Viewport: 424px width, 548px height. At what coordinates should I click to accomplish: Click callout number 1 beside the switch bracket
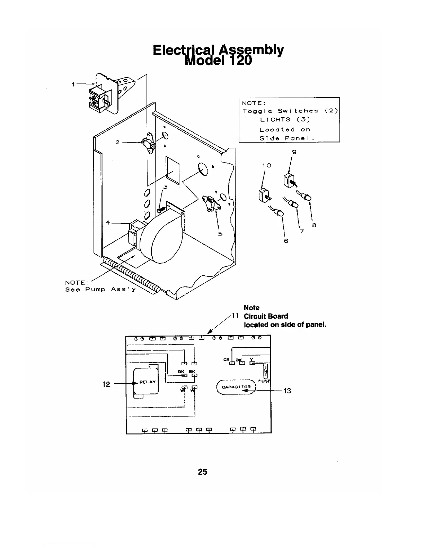pyautogui.click(x=73, y=84)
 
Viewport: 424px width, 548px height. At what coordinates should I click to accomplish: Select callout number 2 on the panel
pyautogui.click(x=117, y=142)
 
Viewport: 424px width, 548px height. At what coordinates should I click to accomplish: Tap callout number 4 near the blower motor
pyautogui.click(x=108, y=222)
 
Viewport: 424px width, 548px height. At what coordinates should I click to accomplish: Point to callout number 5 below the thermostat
pyautogui.click(x=220, y=234)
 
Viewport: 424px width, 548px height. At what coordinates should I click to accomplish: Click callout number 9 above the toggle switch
pyautogui.click(x=294, y=152)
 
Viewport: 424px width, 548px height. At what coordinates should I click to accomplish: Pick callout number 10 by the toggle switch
pyautogui.click(x=266, y=165)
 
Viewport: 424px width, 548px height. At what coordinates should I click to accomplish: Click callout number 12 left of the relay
pyautogui.click(x=106, y=384)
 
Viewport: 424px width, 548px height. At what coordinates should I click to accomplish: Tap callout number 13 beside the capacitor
pyautogui.click(x=287, y=391)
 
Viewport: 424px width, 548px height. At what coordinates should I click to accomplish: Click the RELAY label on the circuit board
pyautogui.click(x=147, y=382)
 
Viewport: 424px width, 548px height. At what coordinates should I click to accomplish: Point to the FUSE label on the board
pyautogui.click(x=266, y=381)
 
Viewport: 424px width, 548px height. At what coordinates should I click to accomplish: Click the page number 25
pyautogui.click(x=203, y=472)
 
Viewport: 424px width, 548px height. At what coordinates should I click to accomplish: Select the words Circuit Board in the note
pyautogui.click(x=266, y=316)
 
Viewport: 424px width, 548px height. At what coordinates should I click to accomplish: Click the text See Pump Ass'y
pyautogui.click(x=100, y=289)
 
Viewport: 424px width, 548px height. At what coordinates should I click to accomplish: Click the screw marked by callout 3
pyautogui.click(x=160, y=210)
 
